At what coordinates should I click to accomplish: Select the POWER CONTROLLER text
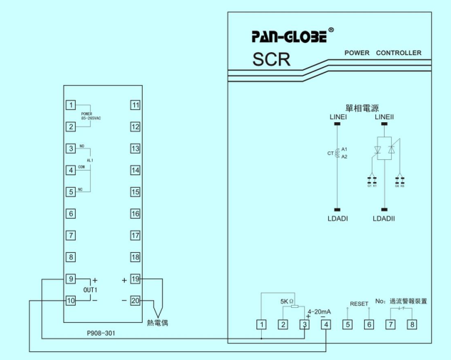click(383, 53)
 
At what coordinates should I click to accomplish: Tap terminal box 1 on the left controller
click(71, 106)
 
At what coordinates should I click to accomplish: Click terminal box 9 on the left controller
click(71, 278)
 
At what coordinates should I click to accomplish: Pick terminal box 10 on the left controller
click(71, 300)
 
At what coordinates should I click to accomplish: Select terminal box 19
click(136, 279)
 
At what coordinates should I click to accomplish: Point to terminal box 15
click(136, 192)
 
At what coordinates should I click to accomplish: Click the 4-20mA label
click(318, 311)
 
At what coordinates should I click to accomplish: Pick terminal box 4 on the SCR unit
click(326, 326)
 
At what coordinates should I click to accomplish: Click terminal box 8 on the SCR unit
click(412, 326)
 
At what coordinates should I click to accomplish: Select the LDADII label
click(384, 218)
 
